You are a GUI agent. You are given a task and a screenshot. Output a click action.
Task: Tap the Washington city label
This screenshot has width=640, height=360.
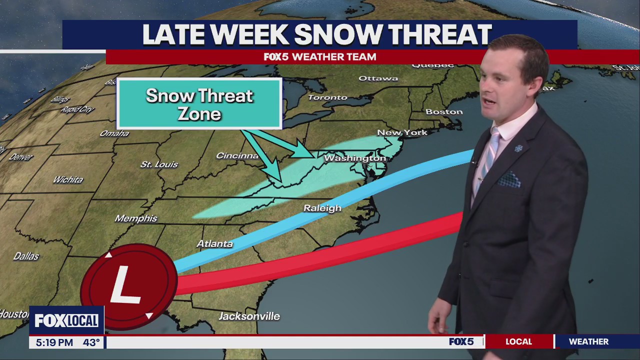tap(355, 158)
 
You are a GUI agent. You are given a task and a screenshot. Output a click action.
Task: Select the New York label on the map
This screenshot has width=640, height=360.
tap(402, 132)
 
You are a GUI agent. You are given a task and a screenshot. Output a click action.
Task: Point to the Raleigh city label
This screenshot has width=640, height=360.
tap(322, 208)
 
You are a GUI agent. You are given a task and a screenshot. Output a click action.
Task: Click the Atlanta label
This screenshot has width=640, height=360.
tap(214, 243)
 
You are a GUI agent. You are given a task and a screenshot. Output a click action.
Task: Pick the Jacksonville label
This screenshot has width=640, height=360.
tap(249, 316)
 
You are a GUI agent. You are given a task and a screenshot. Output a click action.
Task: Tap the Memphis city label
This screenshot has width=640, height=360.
tap(136, 218)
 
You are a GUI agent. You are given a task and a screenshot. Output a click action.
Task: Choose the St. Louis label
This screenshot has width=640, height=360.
tap(159, 164)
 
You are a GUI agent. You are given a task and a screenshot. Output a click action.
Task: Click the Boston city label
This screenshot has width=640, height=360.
tap(444, 111)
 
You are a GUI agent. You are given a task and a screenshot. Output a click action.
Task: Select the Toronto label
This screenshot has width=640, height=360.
tap(327, 97)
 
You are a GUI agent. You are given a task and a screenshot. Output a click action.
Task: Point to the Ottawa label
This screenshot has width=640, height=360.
tap(378, 78)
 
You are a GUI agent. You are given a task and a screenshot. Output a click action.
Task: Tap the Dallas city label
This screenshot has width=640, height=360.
tap(26, 256)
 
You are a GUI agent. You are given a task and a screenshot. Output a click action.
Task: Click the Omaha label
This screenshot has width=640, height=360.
tap(114, 133)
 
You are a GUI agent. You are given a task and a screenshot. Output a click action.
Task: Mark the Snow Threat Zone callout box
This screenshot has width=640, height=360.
tap(199, 104)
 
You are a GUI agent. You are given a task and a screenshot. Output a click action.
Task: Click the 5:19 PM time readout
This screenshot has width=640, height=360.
tap(54, 342)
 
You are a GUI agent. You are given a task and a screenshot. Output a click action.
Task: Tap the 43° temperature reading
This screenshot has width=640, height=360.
tap(91, 342)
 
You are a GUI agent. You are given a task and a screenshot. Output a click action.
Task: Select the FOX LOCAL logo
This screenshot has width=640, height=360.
tap(66, 320)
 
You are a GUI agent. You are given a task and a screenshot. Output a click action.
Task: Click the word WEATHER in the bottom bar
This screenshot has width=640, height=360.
tap(588, 341)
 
